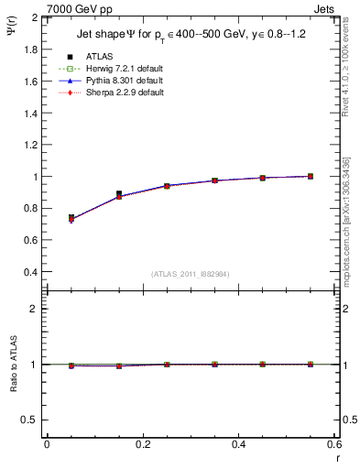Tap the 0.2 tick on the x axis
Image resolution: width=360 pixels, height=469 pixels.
click(x=142, y=444)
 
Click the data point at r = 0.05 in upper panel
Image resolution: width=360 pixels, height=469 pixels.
click(x=71, y=218)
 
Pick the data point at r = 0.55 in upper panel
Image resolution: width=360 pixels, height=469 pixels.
click(x=311, y=176)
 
